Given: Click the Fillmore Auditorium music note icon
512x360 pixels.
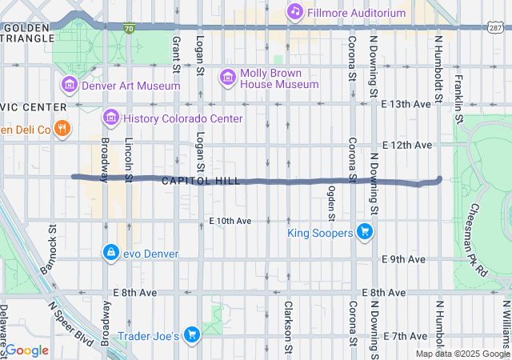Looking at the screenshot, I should click(295, 11).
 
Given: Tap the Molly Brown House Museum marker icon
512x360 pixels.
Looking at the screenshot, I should click(229, 75).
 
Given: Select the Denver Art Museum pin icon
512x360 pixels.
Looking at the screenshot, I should click(69, 85).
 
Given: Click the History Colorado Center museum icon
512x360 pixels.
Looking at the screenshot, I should click(110, 118).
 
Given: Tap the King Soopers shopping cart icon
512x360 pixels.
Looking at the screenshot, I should click(366, 233).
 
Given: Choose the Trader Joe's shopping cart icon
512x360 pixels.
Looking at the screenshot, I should click(191, 336).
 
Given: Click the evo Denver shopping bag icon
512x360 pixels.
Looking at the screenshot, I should click(109, 254).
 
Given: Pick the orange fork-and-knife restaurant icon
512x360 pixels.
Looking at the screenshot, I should click(63, 129).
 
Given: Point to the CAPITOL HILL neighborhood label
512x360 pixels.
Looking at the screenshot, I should click(200, 182).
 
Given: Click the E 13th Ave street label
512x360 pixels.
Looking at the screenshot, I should click(406, 104).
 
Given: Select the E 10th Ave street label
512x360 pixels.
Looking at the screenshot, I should click(230, 221).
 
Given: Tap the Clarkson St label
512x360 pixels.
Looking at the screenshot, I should click(287, 326).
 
